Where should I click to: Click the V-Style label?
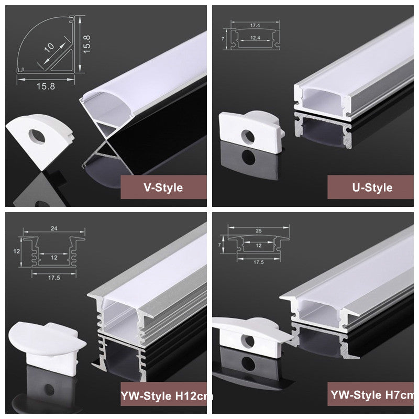tap(163, 188)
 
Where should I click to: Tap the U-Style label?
tap(372, 188)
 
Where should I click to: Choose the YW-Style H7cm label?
tap(372, 395)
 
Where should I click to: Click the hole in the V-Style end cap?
tap(37, 137)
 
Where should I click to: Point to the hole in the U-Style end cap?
tap(248, 136)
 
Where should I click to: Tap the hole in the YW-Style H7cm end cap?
tap(248, 341)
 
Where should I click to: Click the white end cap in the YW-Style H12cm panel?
tap(47, 347)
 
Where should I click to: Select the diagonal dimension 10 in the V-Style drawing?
tap(49, 47)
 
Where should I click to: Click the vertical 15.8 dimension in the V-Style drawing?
tap(86, 44)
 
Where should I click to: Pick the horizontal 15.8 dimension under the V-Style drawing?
tap(46, 86)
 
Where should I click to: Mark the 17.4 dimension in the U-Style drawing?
tap(255, 25)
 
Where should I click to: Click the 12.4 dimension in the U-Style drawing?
tap(255, 38)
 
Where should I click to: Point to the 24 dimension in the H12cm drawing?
tap(54, 228)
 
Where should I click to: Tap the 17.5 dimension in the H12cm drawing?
tap(54, 278)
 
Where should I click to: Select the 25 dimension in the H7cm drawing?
tap(259, 230)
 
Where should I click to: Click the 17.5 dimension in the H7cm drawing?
tap(259, 262)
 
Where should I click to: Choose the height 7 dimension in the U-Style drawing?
tap(223, 39)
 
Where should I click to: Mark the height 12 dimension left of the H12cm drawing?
tap(17, 251)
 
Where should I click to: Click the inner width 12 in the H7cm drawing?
tap(259, 246)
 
